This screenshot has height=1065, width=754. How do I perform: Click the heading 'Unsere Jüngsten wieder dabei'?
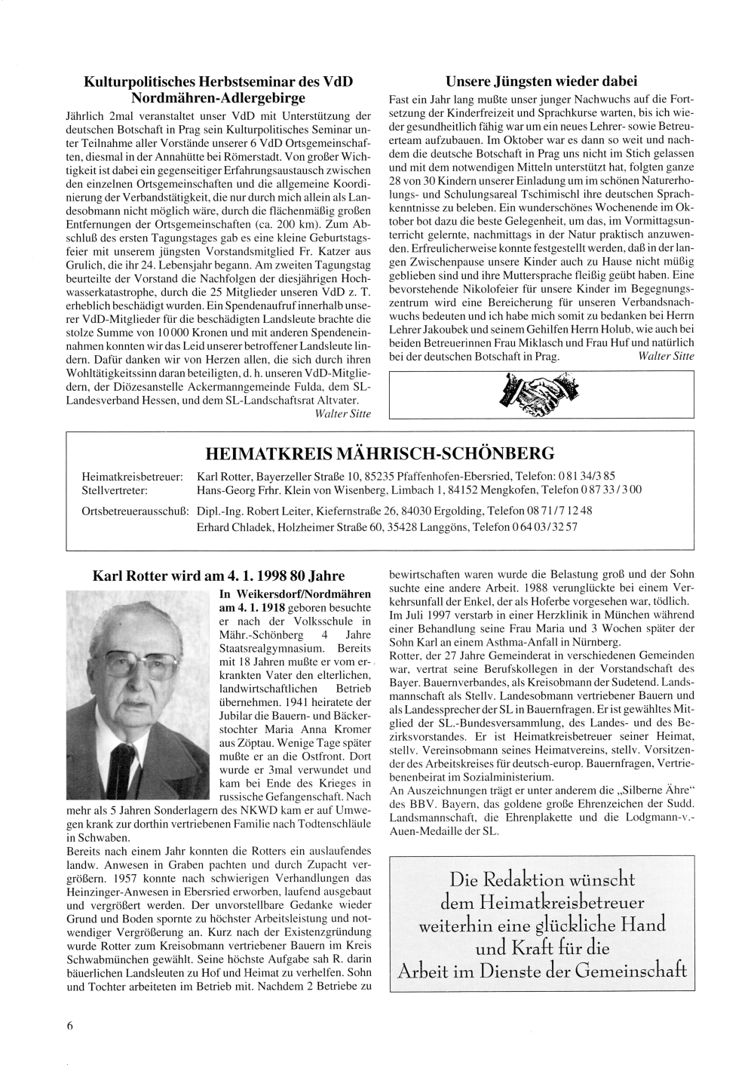pyautogui.click(x=541, y=81)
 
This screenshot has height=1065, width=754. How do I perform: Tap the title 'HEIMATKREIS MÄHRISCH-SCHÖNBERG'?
pyautogui.click(x=380, y=453)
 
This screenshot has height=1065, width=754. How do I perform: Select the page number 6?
pyautogui.click(x=69, y=1025)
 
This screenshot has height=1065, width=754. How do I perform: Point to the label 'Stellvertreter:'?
pyautogui.click(x=114, y=490)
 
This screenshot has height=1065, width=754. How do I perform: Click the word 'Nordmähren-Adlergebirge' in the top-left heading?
pyautogui.click(x=218, y=98)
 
